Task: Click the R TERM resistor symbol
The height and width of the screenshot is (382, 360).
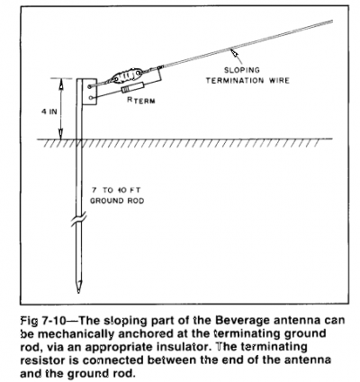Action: [133, 88]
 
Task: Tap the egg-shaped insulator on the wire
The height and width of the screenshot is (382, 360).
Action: [126, 76]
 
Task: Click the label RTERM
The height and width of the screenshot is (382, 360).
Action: [141, 101]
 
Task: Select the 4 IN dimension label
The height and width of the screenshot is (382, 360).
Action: [49, 112]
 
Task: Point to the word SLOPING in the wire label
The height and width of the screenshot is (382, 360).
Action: [242, 70]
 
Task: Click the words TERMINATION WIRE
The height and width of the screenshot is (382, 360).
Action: [247, 81]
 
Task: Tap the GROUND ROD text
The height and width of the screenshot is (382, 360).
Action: [117, 200]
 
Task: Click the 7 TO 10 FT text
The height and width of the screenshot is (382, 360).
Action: [116, 191]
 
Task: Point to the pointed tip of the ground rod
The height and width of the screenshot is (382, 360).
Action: [78, 292]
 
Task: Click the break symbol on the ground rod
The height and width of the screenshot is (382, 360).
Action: [79, 219]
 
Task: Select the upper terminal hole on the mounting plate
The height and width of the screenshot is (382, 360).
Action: [90, 86]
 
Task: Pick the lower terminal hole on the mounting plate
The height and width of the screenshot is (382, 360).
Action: [91, 98]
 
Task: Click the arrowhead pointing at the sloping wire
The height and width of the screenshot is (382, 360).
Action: [233, 53]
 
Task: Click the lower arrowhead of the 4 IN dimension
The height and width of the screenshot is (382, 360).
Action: [61, 134]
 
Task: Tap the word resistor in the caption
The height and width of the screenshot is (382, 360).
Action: [40, 360]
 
